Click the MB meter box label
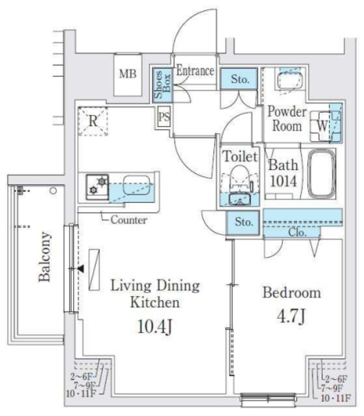[128, 73]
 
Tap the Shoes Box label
[162, 84]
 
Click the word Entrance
[195, 71]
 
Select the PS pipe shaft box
[164, 117]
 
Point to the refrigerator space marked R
[93, 122]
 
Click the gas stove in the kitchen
[97, 187]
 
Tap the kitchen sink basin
[136, 185]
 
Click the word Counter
[128, 220]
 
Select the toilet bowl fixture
[240, 178]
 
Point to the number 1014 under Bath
[283, 181]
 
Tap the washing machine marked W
[322, 126]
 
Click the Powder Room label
[287, 119]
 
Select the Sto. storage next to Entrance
[239, 79]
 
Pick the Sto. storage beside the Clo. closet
[243, 222]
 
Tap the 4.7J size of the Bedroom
[291, 317]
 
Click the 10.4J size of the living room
[155, 326]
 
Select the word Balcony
[44, 257]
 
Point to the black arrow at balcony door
[81, 268]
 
